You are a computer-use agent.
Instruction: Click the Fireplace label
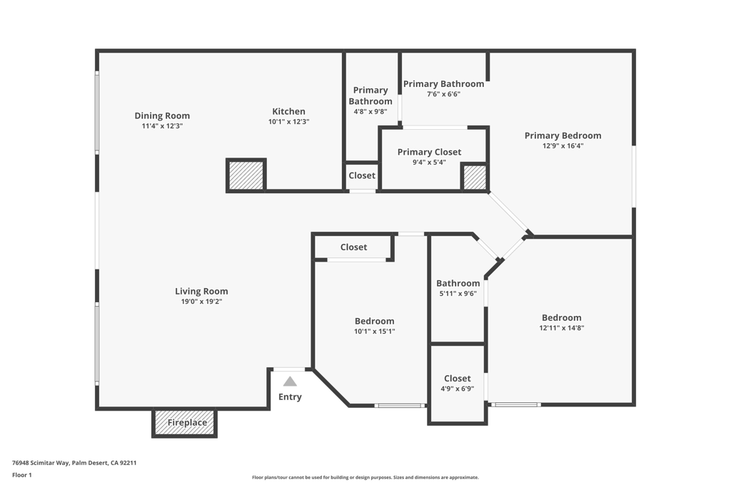tap(187, 423)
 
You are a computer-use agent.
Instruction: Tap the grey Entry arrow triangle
tap(290, 381)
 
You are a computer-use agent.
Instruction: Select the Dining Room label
tap(162, 116)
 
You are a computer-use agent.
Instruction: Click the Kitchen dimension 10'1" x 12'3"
tap(288, 122)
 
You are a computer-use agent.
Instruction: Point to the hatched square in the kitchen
tap(246, 175)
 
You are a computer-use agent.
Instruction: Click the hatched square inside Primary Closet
tap(474, 177)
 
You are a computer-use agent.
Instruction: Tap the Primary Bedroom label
tap(563, 135)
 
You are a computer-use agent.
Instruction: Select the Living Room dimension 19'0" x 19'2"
tap(201, 302)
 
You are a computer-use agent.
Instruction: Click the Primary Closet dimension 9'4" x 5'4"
tap(429, 162)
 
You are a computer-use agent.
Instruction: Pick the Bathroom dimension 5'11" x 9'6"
tap(458, 293)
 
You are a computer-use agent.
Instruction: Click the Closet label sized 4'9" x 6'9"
tap(457, 379)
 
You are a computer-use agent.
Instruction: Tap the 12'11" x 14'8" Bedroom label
tap(561, 318)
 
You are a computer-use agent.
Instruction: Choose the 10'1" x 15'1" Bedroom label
tap(374, 322)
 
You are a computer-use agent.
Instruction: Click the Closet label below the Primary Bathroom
tap(362, 175)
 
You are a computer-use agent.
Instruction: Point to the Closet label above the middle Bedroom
tap(353, 247)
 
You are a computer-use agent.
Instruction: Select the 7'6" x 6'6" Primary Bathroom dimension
tap(443, 94)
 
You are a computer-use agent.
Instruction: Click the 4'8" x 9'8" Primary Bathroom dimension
tap(370, 112)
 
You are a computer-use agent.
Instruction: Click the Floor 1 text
tap(22, 475)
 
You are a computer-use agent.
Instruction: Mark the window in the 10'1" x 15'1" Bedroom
tap(400, 406)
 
